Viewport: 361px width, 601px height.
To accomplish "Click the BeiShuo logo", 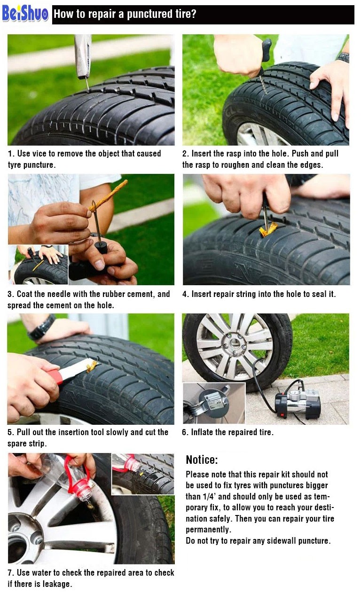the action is click(25, 14).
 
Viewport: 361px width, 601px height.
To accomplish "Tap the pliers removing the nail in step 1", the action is click(83, 57).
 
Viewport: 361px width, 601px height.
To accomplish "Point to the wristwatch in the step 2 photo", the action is click(343, 57).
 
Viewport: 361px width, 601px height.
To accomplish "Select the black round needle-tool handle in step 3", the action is click(102, 247).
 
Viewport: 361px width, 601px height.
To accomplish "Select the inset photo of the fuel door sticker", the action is click(214, 403).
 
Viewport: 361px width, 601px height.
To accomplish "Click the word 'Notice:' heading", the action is click(202, 460).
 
